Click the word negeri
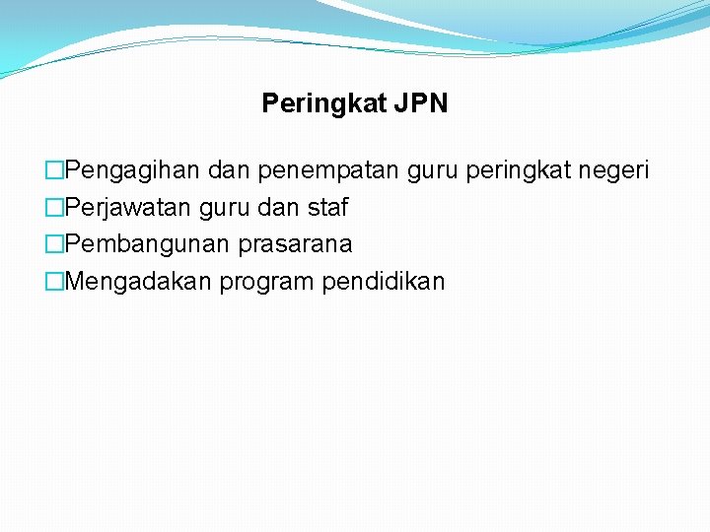pos(613,171)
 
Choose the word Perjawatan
pos(128,209)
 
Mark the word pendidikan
pos(384,282)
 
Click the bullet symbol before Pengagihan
pos(54,171)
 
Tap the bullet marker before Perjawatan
pos(54,209)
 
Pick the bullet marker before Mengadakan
pos(54,282)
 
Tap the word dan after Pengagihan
pos(231,171)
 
